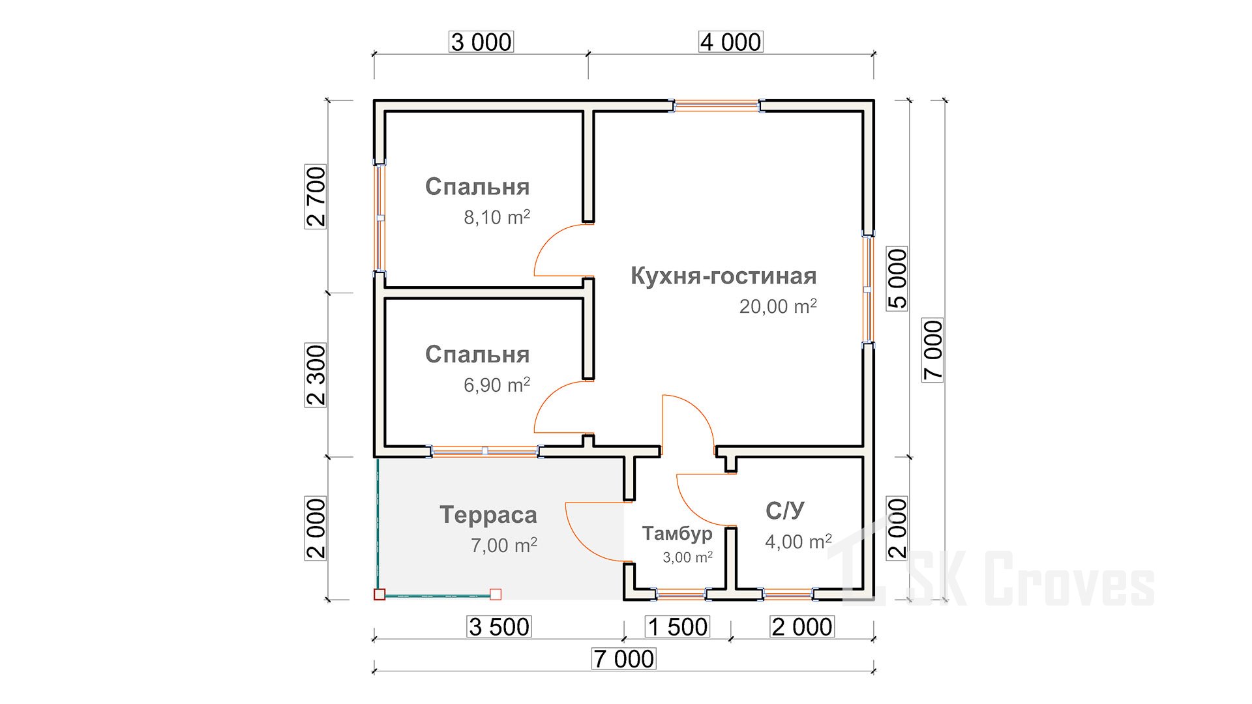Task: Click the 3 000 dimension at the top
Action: [482, 42]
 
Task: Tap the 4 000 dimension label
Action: [730, 42]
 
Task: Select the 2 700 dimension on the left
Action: [316, 196]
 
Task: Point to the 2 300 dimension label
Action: [316, 375]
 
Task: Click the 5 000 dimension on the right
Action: [897, 278]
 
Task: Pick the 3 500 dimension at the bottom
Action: [499, 627]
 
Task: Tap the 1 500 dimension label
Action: [678, 627]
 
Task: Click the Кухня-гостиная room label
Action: [723, 276]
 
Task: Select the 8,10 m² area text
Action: [496, 217]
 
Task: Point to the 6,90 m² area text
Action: [496, 385]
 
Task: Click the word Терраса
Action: [488, 515]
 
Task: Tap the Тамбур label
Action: [677, 534]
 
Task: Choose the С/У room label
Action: [785, 511]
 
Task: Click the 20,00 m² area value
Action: [777, 306]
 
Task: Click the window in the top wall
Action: [717, 106]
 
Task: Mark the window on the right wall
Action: [868, 289]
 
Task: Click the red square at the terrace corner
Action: [380, 594]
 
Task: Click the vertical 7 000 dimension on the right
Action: [932, 349]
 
